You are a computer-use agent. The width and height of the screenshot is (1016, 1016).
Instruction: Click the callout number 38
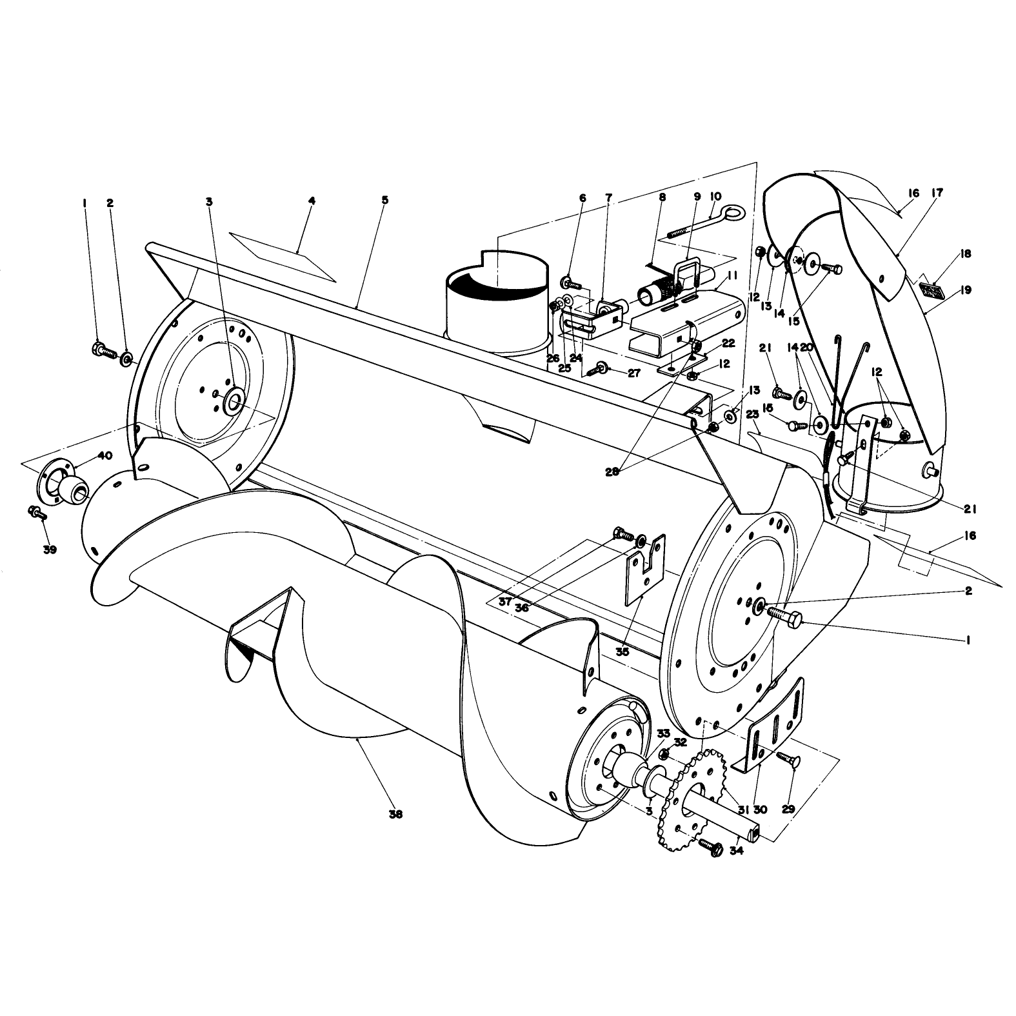[395, 814]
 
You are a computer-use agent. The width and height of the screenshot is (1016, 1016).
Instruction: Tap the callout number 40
[105, 455]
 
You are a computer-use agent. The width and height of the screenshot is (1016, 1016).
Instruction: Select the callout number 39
[50, 550]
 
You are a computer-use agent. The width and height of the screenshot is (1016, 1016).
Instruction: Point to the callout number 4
[312, 201]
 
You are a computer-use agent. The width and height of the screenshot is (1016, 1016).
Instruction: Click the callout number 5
[384, 200]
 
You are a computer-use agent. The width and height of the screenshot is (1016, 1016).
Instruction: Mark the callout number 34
[737, 850]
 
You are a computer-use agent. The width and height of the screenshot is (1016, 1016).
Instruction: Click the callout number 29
[788, 809]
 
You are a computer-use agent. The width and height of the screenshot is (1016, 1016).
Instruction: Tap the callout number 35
[622, 652]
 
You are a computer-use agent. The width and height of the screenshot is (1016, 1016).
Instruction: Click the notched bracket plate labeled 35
[645, 569]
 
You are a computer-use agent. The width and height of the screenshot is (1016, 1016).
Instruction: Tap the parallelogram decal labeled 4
[282, 256]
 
